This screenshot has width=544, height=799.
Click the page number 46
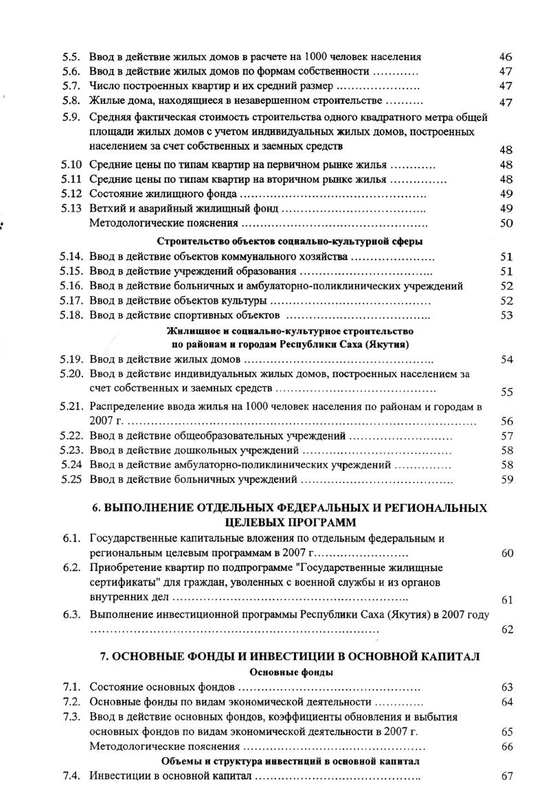pos(506,56)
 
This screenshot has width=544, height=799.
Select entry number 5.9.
pos(71,117)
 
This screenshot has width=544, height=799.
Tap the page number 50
pos(507,223)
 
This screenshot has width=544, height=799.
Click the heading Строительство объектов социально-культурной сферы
pos(290,241)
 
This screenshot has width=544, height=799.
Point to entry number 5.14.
pos(71,257)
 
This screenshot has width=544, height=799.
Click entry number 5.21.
pos(71,407)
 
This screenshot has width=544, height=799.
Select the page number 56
pos(508,422)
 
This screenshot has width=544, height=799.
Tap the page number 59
pos(508,480)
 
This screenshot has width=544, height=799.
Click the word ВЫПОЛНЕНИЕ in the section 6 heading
pos(149,508)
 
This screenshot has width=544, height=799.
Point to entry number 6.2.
pos(72,568)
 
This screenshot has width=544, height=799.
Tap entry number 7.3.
pos(72,717)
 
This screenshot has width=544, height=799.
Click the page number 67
pos(508,776)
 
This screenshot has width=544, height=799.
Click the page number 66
pos(508,747)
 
